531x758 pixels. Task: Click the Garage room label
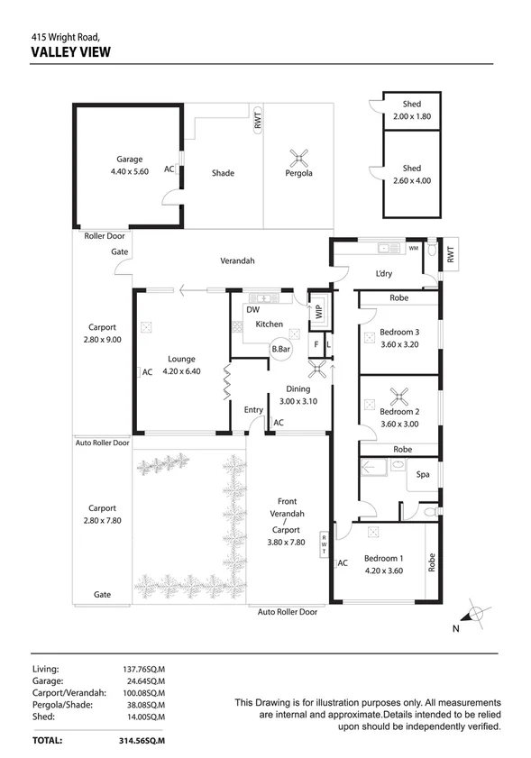(129, 160)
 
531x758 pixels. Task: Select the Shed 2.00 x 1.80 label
(412, 110)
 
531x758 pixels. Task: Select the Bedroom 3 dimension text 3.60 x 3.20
(399, 343)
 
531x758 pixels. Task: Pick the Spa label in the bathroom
(421, 473)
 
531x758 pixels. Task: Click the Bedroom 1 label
(384, 559)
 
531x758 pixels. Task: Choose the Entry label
(253, 410)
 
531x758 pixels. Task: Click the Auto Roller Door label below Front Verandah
(288, 612)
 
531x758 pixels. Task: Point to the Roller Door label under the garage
(104, 236)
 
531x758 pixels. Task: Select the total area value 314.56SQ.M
(144, 740)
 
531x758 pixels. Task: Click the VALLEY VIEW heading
(70, 52)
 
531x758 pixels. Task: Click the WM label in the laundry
(413, 248)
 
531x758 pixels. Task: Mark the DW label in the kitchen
(253, 310)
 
